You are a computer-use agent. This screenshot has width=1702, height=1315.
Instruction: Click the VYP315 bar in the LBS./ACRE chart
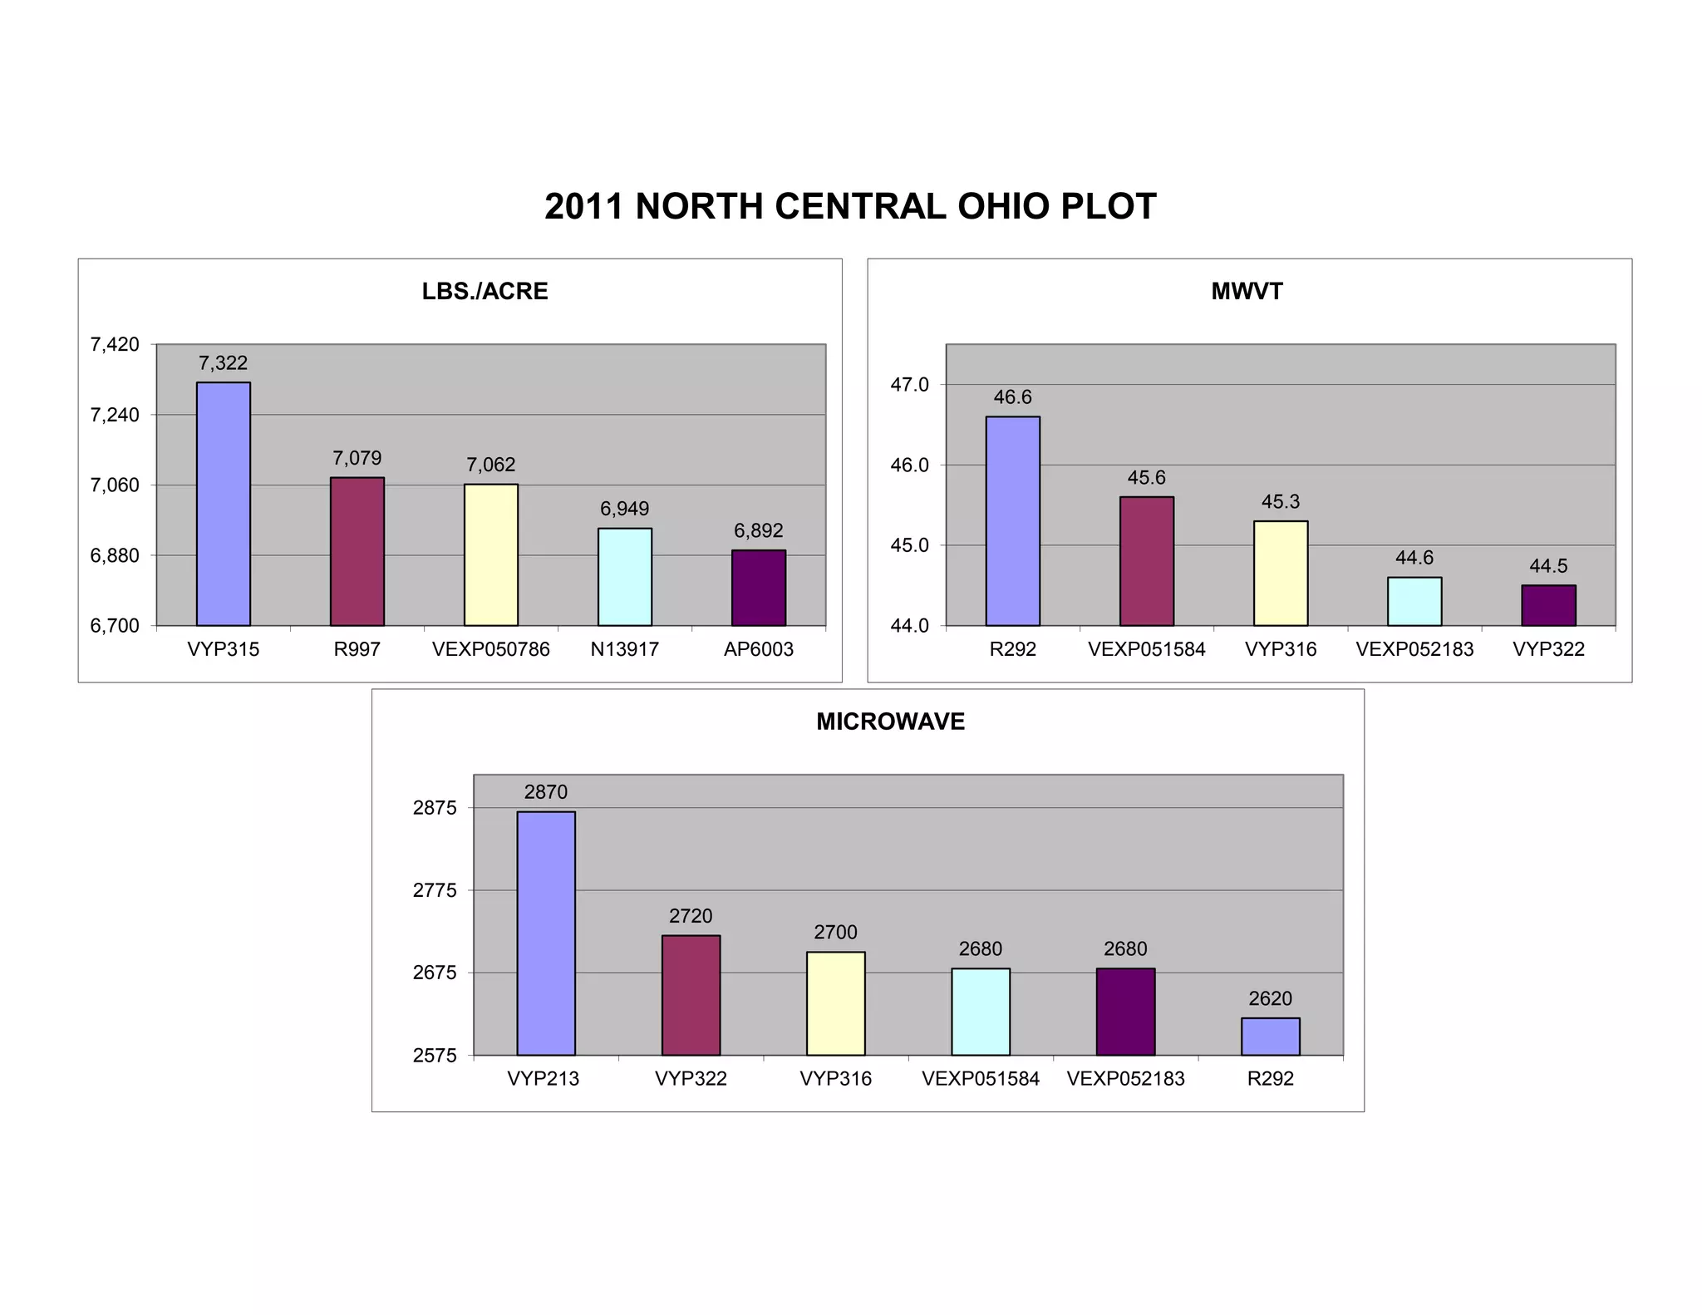[x=223, y=504]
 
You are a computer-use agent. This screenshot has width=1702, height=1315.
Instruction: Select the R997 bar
[x=357, y=551]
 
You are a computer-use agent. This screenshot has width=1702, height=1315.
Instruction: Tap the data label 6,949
[x=624, y=509]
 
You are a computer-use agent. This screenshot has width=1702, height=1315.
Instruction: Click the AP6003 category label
[x=758, y=649]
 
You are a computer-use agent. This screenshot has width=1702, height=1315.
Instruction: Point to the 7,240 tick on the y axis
[x=115, y=415]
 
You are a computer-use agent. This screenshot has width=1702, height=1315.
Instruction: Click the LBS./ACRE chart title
[x=485, y=292]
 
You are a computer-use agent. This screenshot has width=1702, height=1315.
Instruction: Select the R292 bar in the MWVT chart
[x=1012, y=521]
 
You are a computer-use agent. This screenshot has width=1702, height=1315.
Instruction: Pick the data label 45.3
[x=1280, y=502]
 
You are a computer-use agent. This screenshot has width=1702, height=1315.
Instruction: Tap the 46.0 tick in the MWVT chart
[x=909, y=465]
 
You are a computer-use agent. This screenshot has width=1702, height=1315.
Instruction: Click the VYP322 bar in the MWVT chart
[x=1547, y=605]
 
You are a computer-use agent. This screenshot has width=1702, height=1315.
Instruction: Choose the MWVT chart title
[x=1247, y=292]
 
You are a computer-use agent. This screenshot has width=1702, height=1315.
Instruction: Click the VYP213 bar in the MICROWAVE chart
[x=545, y=933]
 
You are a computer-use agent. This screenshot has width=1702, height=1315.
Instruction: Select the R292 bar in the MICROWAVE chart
[x=1270, y=1037]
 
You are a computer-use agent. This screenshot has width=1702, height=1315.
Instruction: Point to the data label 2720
[x=690, y=916]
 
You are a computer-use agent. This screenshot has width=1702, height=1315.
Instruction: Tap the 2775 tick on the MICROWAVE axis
[x=435, y=890]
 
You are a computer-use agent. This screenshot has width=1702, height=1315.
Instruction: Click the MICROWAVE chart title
[x=890, y=722]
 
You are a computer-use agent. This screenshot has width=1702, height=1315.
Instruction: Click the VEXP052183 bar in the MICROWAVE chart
[x=1124, y=1012]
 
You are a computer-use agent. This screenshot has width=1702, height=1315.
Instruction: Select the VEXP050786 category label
[x=490, y=649]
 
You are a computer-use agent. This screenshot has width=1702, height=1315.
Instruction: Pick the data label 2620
[x=1270, y=998]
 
